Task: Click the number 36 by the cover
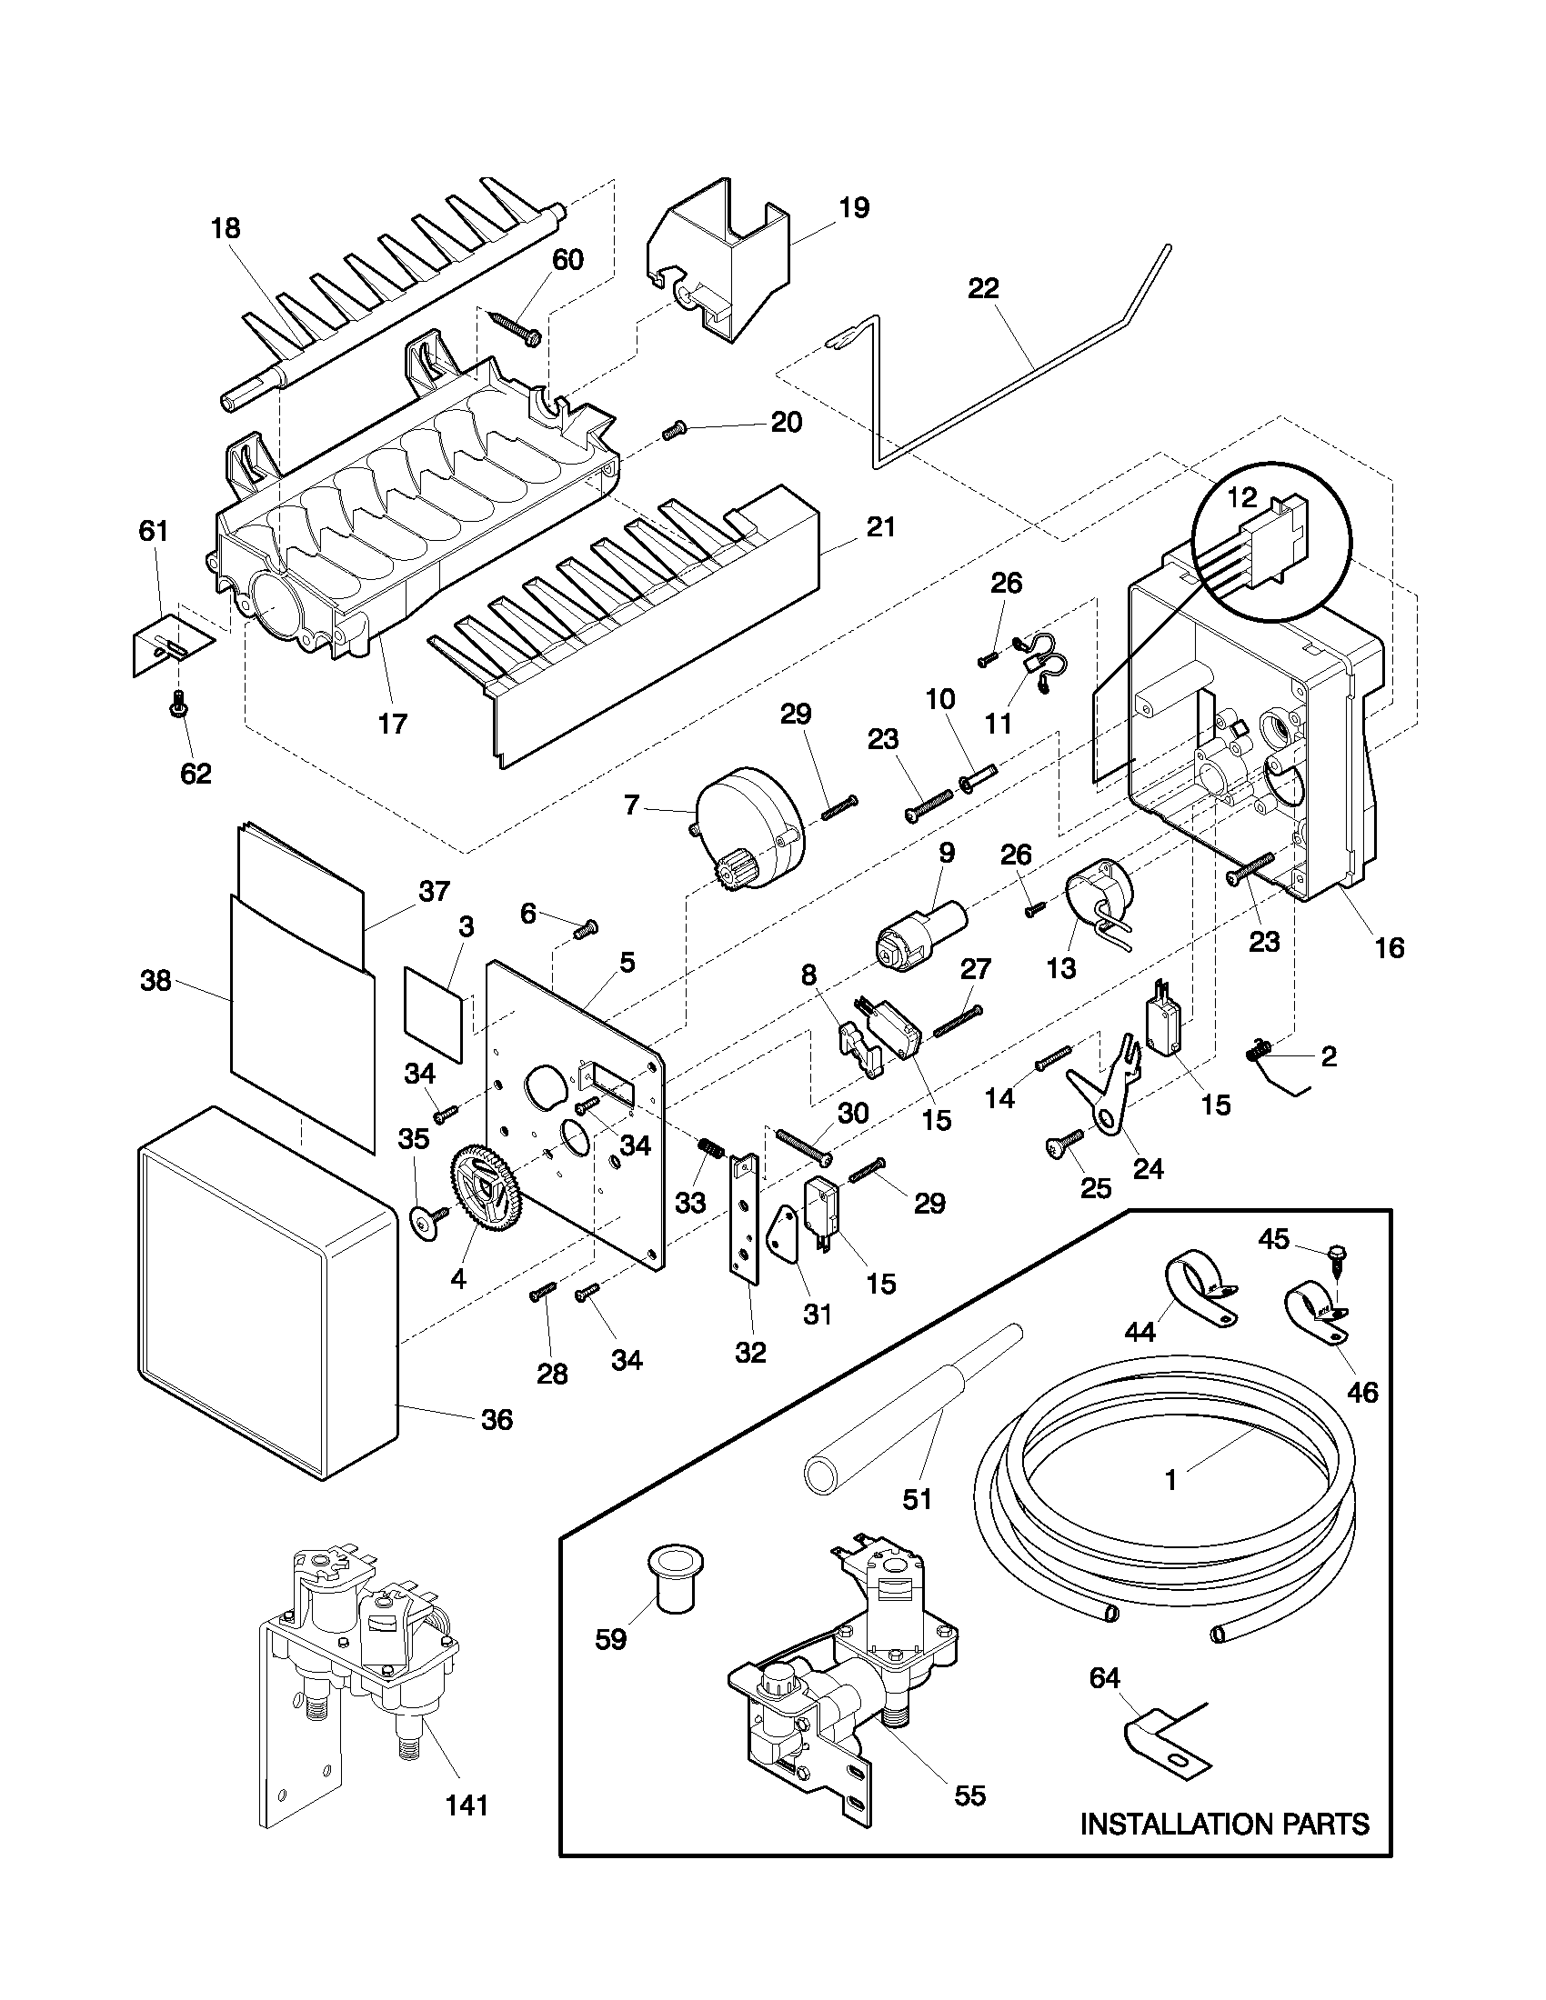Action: (x=497, y=1419)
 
